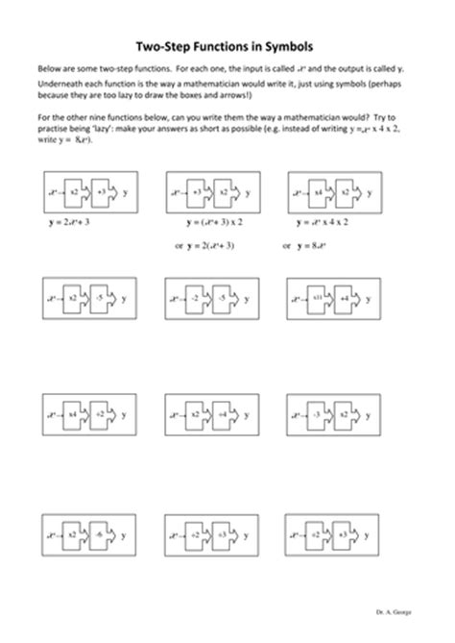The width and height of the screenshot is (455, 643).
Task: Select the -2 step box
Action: pyautogui.click(x=195, y=298)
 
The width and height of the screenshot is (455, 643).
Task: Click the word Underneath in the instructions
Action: pyautogui.click(x=60, y=86)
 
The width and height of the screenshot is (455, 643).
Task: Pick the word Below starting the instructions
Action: pyautogui.click(x=48, y=71)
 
